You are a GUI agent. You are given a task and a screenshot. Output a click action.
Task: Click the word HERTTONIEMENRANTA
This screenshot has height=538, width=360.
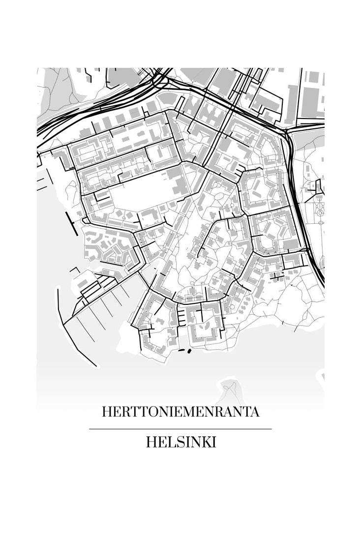coord(180,412)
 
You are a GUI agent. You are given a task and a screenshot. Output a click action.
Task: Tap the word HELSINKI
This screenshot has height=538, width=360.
coord(180,442)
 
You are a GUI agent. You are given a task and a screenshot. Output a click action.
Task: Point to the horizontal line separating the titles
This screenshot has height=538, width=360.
coord(180,429)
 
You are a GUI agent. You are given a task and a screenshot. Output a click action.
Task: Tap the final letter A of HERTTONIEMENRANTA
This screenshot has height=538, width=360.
coord(254,412)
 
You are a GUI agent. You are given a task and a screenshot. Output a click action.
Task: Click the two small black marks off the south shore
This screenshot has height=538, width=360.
coord(184,350)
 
